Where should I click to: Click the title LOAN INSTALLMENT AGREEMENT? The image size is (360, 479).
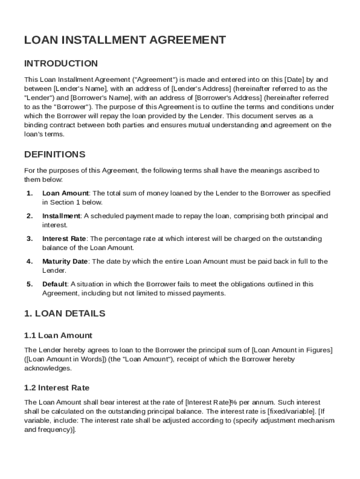coord(125,40)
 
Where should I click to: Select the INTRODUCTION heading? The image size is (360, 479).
coord(61,64)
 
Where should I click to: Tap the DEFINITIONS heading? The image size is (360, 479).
coord(55,154)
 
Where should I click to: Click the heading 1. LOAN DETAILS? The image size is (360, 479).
coord(65,313)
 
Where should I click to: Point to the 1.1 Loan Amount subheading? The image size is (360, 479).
coord(58,335)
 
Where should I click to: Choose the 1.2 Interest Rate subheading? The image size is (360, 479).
coord(57,388)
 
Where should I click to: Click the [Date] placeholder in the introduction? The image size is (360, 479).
coord(295,80)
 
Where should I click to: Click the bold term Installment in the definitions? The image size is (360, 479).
coord(61,216)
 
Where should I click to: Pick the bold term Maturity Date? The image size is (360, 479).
coord(65,261)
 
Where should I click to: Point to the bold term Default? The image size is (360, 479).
coord(55,284)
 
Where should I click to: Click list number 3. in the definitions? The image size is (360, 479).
coord(29,239)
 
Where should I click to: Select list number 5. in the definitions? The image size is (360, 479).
coord(29,284)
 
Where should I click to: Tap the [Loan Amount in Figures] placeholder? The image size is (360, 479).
coord(293,350)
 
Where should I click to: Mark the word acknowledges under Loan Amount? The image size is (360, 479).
coord(48,369)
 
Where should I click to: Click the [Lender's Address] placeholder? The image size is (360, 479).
coord(202,88)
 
